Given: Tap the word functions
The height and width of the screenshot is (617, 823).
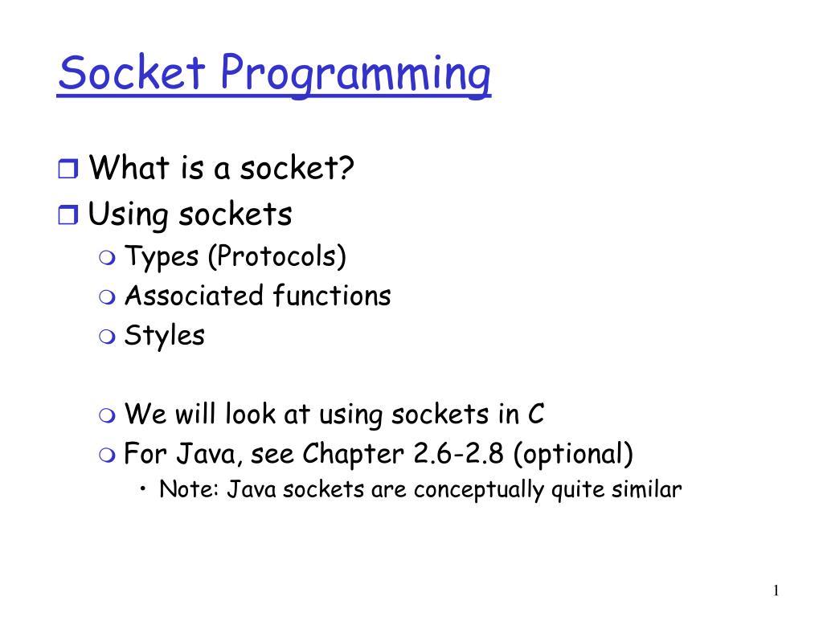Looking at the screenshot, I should (330, 296).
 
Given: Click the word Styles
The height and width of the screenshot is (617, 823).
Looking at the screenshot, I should (164, 335).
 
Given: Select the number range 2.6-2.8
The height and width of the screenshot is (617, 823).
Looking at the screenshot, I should (461, 455).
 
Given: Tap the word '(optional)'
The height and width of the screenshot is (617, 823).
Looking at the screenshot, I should (574, 456).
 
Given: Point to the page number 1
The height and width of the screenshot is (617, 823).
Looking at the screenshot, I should (775, 591).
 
